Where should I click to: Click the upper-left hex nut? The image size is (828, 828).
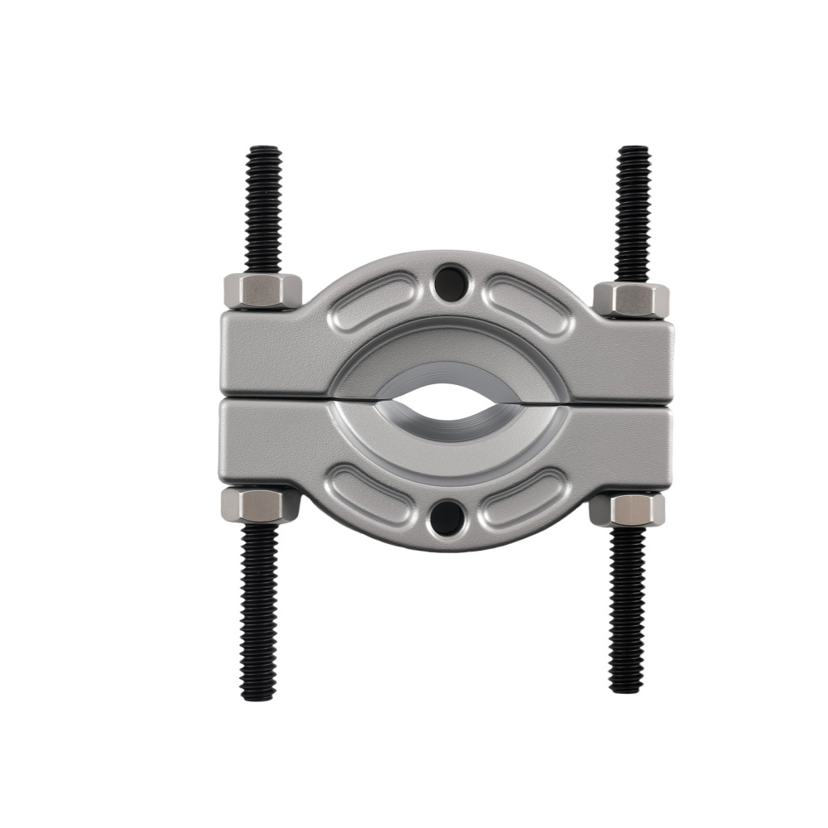262,291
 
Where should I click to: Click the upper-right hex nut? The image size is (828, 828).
631,299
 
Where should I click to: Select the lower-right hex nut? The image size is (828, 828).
627,509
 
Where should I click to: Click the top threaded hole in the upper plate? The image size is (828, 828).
450,283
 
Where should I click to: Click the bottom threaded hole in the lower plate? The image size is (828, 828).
447,517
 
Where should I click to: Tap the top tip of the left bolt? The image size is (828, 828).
264,151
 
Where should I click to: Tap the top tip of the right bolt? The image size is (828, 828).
634,151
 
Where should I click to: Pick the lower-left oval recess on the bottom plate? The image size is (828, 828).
370,494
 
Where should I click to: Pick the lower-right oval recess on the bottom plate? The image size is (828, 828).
523,497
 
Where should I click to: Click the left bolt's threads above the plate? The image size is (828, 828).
263,211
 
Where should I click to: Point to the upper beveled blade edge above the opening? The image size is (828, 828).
448,371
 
